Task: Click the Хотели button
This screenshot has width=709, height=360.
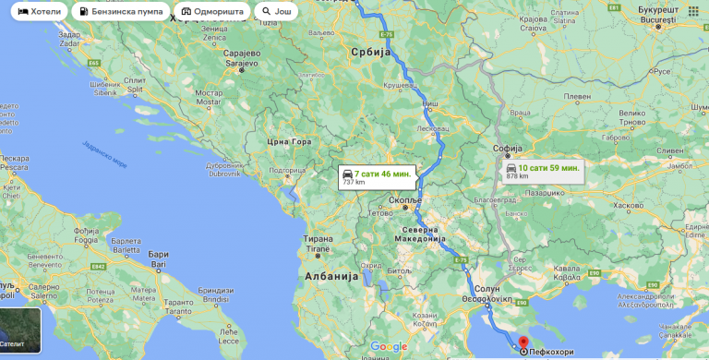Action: click(x=38, y=12)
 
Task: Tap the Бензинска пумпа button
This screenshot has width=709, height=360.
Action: click(x=121, y=12)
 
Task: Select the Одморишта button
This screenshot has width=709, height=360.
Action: click(x=211, y=12)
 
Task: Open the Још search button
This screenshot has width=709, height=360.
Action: click(x=277, y=12)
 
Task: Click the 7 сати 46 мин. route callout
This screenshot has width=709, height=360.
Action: click(x=377, y=176)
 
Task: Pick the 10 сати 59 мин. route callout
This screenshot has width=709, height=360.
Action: click(x=542, y=171)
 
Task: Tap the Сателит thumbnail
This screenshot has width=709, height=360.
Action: click(x=20, y=330)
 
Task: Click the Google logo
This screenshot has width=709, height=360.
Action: click(x=389, y=346)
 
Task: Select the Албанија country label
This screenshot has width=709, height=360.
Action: click(x=330, y=276)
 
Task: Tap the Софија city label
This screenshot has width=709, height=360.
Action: click(x=508, y=148)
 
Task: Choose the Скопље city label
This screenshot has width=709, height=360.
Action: click(x=406, y=199)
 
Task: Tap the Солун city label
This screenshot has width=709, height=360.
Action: click(x=487, y=289)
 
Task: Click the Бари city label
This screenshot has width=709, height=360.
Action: click(x=158, y=254)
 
